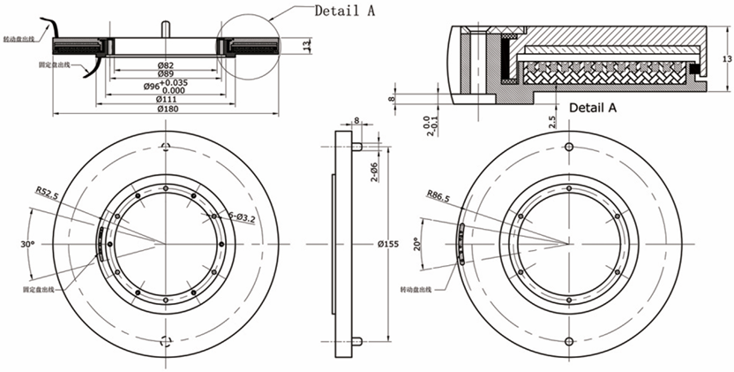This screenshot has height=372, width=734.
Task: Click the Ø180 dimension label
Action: click(165, 109)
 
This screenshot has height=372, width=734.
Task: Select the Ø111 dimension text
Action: click(165, 98)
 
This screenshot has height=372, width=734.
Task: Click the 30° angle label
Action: click(27, 243)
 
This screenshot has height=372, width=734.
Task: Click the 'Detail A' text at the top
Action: click(346, 11)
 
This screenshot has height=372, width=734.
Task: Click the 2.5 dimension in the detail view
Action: click(550, 120)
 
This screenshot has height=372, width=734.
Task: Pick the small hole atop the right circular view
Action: click(569, 146)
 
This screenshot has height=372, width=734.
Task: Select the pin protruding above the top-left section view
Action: click(165, 27)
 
